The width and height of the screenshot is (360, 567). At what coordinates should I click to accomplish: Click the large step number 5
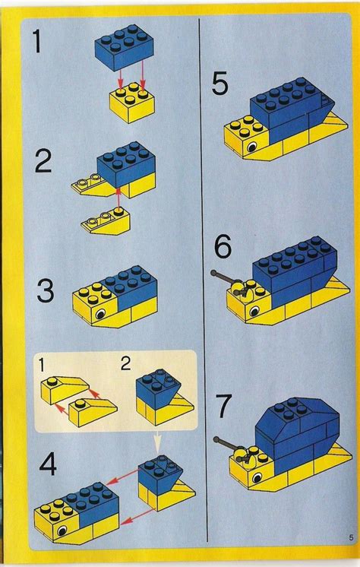coord(220,84)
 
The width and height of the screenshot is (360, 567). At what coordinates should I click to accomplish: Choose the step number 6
coord(221,249)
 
